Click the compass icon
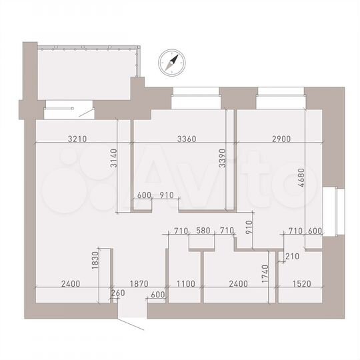(x=172, y=63)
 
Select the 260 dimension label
(x=117, y=293)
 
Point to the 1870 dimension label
(x=138, y=283)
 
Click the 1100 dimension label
(x=185, y=283)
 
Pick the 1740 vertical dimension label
(x=265, y=273)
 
